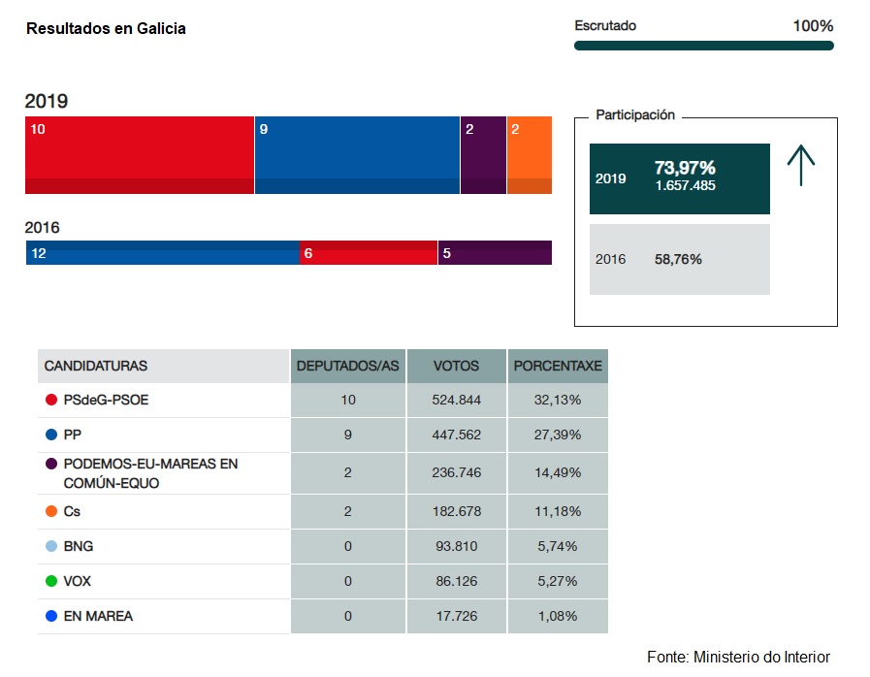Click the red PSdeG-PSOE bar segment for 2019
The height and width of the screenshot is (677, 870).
click(x=139, y=155)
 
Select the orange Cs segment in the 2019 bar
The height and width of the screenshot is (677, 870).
click(x=529, y=155)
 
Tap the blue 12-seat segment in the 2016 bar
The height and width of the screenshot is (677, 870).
click(x=162, y=252)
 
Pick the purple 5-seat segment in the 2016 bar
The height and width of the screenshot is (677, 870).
click(x=495, y=252)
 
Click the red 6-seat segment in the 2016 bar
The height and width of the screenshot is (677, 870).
click(x=369, y=252)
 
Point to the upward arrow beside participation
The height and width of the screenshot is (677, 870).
click(x=801, y=166)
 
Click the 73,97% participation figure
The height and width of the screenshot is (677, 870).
click(x=685, y=168)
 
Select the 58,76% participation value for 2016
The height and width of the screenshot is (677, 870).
click(x=678, y=260)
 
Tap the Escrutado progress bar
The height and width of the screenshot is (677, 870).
click(x=703, y=46)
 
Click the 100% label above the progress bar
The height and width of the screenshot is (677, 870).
click(x=813, y=26)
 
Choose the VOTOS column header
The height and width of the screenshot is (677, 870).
click(x=456, y=367)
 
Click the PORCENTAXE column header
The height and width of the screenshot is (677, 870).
click(x=558, y=367)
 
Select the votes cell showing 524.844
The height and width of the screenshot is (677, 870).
click(x=456, y=400)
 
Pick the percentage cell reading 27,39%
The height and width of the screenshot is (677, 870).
click(x=558, y=435)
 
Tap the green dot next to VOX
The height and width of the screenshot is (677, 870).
click(x=50, y=581)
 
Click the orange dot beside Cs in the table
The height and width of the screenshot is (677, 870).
click(x=50, y=511)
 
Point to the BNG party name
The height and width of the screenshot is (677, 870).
click(x=79, y=546)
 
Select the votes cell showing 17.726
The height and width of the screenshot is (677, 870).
click(x=456, y=616)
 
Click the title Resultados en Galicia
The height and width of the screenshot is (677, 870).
click(x=106, y=29)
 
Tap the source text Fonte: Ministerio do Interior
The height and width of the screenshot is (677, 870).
click(x=738, y=657)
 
